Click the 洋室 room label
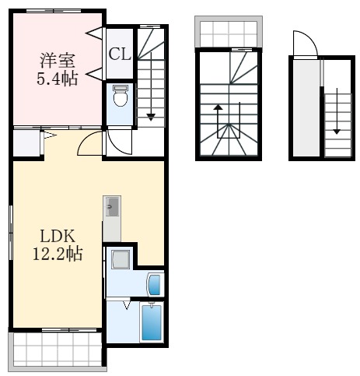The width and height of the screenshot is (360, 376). tap(58, 59)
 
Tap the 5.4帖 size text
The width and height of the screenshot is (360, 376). tap(58, 79)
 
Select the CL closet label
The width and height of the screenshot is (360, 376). tap(120, 54)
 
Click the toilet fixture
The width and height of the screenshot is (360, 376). tap(120, 97)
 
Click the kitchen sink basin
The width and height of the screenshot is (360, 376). tap(112, 206)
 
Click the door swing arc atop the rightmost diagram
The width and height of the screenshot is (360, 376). tap(304, 44)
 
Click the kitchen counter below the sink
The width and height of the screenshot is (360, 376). tap(112, 229)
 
